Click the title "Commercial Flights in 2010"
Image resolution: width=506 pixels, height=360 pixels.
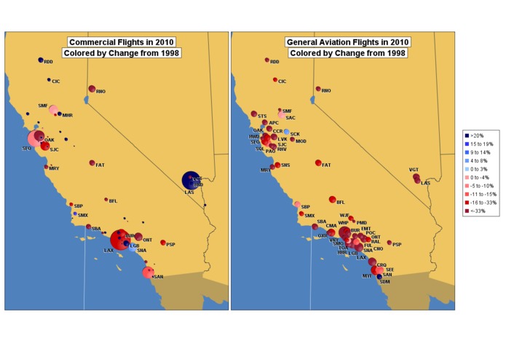coord(122,42)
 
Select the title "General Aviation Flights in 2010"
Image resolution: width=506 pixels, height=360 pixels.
coord(347,42)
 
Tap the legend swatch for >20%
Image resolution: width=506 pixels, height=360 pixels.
coord(468,136)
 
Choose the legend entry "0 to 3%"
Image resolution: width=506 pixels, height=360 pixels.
coord(481,169)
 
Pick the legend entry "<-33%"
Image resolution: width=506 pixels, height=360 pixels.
coord(480,211)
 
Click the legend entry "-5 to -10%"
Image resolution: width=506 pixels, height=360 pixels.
coord(483,187)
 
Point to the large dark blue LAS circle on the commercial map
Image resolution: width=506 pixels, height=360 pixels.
coord(191,179)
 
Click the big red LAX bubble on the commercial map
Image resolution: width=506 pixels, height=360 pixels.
coord(118,240)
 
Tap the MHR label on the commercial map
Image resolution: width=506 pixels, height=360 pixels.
coord(68,116)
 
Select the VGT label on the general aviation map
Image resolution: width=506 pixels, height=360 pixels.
coord(414,170)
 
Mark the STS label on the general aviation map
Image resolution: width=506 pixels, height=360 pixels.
coord(262,116)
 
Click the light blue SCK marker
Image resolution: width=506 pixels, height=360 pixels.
coord(286,132)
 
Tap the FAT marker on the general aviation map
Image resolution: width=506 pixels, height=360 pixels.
coord(318,163)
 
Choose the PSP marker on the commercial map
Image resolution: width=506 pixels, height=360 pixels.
coord(163,243)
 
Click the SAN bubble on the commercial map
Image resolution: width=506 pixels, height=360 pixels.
coord(149,273)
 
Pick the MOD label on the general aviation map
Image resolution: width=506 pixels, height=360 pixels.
coord(301,141)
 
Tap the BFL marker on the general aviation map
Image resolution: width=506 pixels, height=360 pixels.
coord(332,200)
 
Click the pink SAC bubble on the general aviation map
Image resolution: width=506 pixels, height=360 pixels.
coord(282,114)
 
